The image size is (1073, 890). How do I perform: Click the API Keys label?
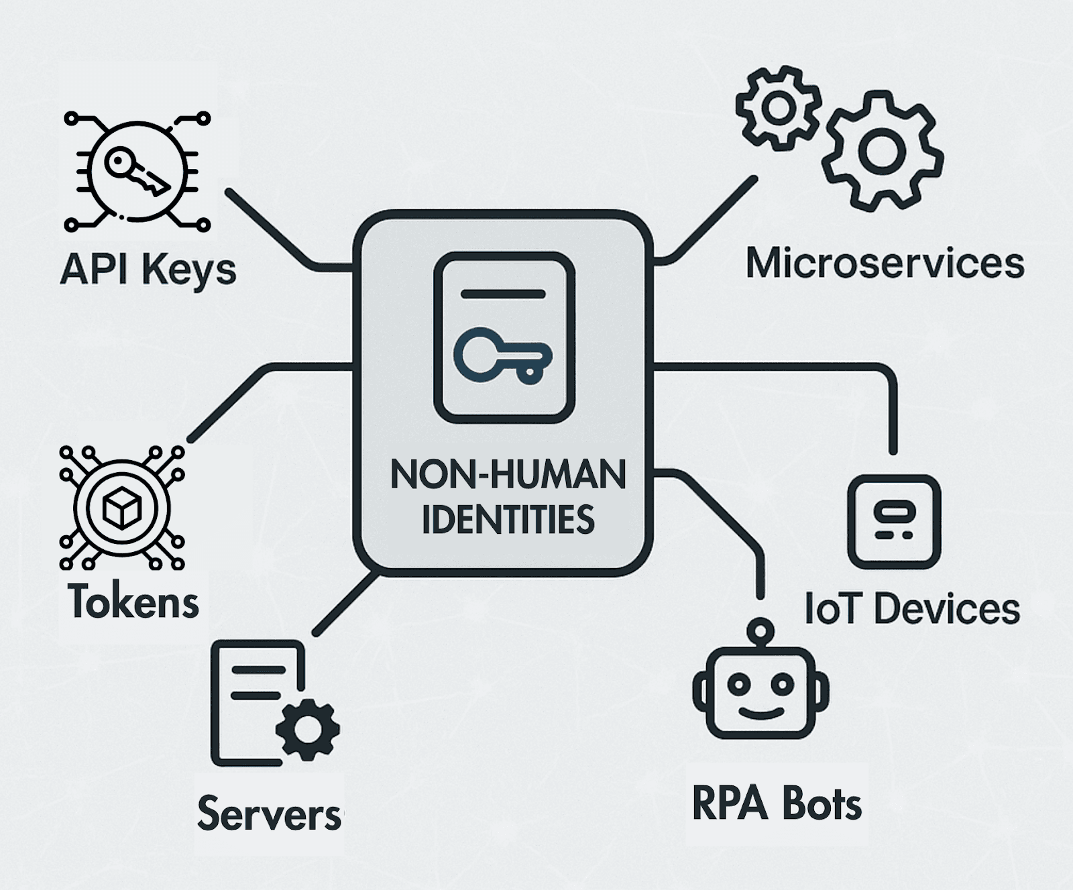pos(148,270)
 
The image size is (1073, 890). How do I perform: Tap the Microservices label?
pos(885,263)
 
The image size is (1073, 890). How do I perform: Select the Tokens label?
pos(133,601)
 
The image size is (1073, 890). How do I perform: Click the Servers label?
pos(270,814)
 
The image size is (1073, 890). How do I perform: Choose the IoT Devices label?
pos(912,608)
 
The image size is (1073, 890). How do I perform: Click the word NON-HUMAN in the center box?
pos(508,475)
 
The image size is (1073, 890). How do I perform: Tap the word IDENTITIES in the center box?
pos(508,520)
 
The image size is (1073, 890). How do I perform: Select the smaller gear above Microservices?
pos(778,107)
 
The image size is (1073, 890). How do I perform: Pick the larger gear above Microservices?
pos(881,152)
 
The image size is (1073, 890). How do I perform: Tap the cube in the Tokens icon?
pos(121,507)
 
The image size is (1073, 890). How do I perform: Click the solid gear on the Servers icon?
pos(308,729)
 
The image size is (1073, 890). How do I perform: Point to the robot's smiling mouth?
pos(760,712)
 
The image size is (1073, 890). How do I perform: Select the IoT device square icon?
pos(894,522)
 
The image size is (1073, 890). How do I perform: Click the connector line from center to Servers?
pos(345,604)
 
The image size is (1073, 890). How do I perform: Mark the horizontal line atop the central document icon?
pos(504,294)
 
